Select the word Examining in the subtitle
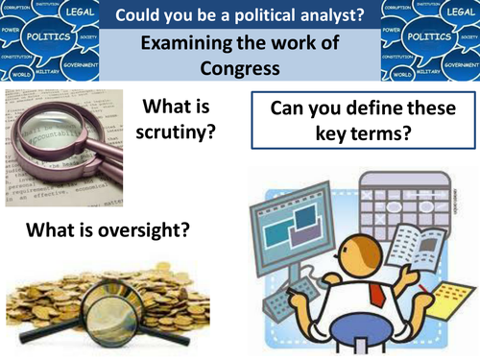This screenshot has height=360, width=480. click(185, 44)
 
